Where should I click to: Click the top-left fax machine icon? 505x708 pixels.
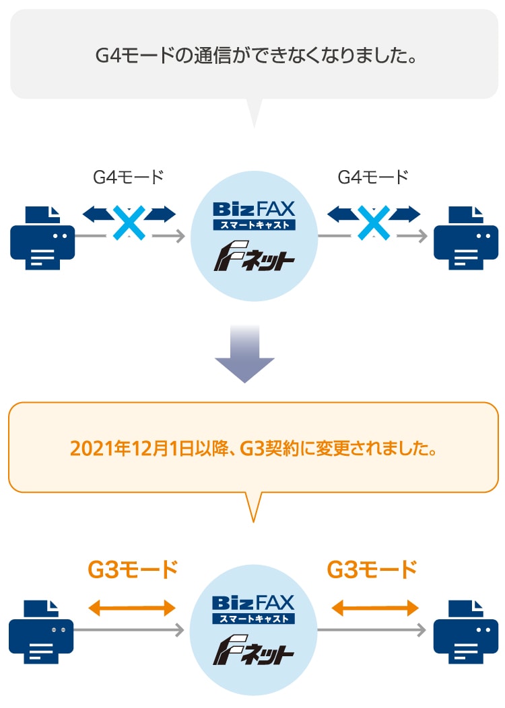(x=42, y=238)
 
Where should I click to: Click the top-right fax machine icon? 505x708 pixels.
(x=466, y=238)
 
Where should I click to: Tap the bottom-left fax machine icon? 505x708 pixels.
(x=41, y=632)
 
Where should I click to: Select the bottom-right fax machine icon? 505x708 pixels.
(x=466, y=632)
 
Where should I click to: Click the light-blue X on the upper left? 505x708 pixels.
(x=129, y=223)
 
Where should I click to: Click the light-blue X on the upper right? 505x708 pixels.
(x=374, y=223)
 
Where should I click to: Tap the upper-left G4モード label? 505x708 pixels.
(x=129, y=177)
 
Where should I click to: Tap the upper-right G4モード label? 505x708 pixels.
(x=373, y=177)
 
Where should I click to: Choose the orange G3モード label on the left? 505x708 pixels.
(x=133, y=570)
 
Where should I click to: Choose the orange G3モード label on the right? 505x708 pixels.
(x=372, y=570)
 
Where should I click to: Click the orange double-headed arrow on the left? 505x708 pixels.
(x=131, y=608)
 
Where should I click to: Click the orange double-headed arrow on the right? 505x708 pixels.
(x=375, y=608)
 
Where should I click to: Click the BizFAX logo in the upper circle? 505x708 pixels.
(x=254, y=215)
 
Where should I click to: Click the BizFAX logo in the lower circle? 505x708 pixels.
(x=254, y=609)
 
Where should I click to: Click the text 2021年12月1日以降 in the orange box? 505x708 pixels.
(x=149, y=449)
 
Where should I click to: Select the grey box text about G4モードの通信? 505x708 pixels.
(x=256, y=56)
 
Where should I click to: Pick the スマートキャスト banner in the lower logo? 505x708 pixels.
(x=254, y=619)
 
